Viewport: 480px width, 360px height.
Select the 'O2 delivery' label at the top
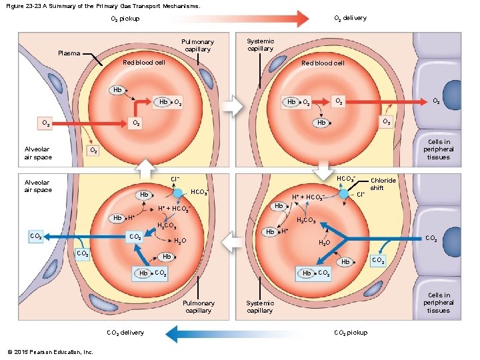tap(349, 18)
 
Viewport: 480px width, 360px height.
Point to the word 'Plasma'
tap(69, 53)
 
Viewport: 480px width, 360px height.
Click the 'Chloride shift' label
tap(383, 184)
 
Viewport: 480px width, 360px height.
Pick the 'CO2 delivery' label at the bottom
tap(125, 333)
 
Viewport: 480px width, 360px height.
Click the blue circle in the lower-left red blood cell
tap(178, 193)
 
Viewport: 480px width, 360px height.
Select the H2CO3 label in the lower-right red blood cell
tap(305, 221)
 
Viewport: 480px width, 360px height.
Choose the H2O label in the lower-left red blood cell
tap(179, 242)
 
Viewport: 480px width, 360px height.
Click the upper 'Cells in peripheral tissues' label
tap(439, 149)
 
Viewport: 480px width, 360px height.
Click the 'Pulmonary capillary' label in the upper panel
tap(198, 45)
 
